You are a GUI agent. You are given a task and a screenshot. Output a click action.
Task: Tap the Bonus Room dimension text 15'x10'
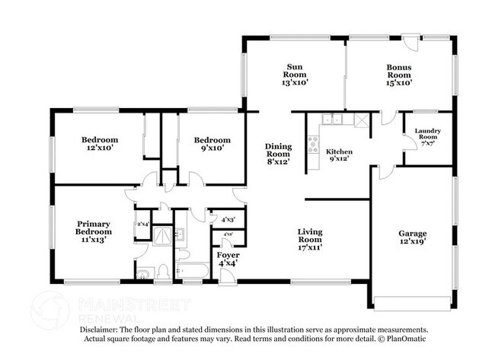(x=398, y=83)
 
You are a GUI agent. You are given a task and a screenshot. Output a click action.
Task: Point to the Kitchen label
(x=340, y=151)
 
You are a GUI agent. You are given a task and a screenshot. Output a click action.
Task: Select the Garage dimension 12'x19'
(x=412, y=246)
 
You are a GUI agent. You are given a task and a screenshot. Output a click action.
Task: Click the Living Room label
(x=310, y=236)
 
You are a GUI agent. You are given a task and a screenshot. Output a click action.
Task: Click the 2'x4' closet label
(x=143, y=224)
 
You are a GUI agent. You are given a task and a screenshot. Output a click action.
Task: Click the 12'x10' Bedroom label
(x=100, y=144)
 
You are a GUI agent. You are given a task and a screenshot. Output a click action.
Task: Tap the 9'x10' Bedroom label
(x=211, y=144)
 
